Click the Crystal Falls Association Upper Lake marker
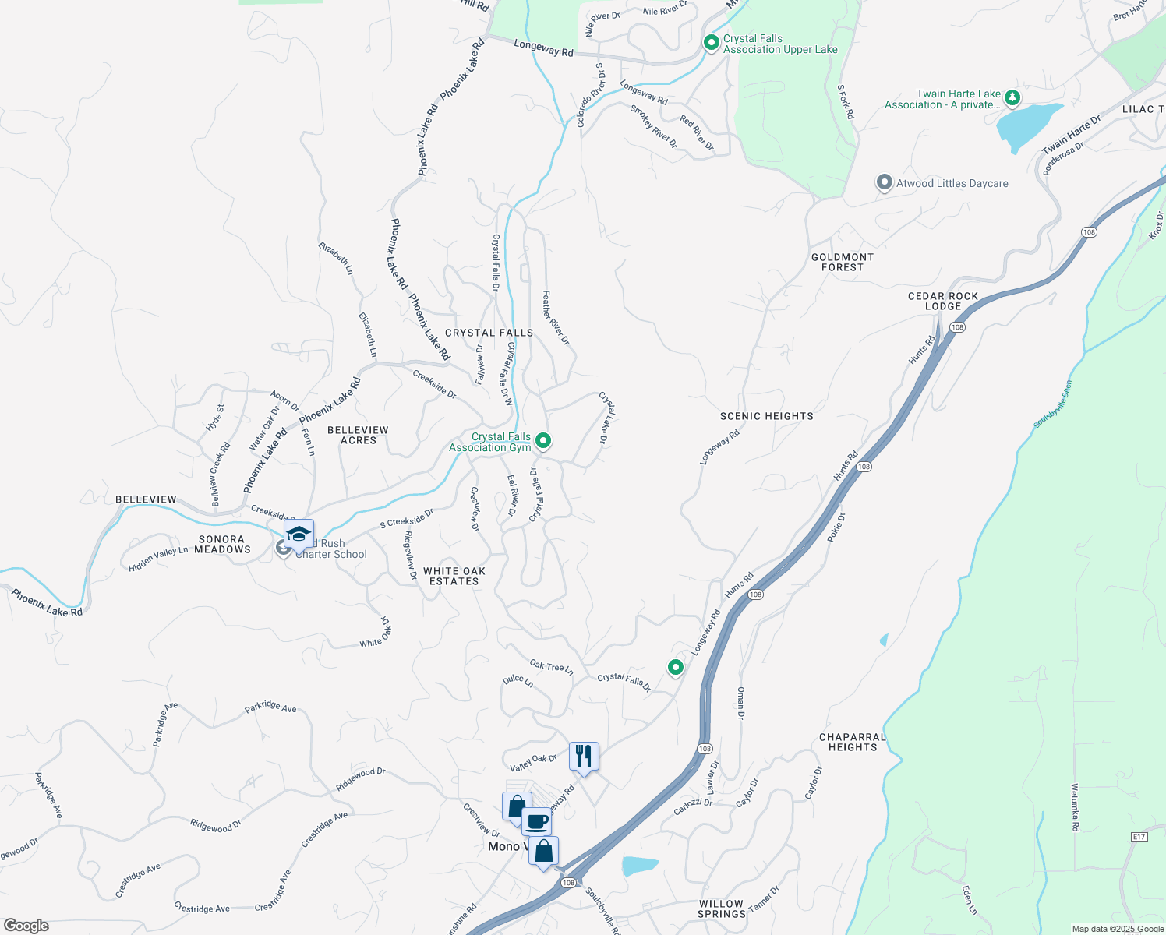[711, 43]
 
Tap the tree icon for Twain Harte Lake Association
[1012, 98]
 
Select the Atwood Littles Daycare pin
[884, 183]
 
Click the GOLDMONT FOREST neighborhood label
[843, 262]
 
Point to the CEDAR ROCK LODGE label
[943, 301]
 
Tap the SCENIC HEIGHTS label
[767, 416]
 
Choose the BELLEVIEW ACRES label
[358, 435]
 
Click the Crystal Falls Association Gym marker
[543, 441]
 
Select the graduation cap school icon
[299, 535]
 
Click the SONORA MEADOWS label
[222, 544]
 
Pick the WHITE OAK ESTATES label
[454, 576]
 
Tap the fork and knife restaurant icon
[584, 756]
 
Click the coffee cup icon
[536, 821]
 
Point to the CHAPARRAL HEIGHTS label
[853, 742]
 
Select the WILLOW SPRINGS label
[721, 909]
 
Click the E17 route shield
[1139, 837]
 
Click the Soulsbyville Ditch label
[1053, 404]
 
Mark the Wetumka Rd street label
[1075, 807]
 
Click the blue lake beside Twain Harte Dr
[1026, 125]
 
